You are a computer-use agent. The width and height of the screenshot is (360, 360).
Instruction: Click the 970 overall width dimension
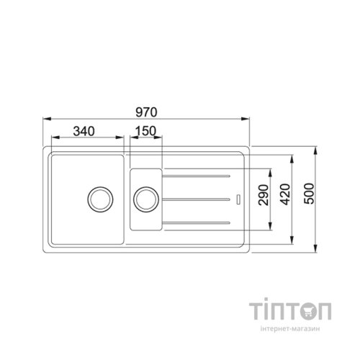coord(146,112)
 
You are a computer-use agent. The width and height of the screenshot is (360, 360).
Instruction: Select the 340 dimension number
coord(84,131)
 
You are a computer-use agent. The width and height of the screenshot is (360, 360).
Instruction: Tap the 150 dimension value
coord(145,131)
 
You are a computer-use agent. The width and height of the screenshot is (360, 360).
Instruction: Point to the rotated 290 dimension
coord(264,194)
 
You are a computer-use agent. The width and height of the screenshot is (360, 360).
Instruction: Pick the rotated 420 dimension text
coord(285,194)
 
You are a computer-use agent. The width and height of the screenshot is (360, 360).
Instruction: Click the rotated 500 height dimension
coord(309,194)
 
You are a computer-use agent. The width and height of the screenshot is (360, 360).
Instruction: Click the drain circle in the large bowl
coord(100,199)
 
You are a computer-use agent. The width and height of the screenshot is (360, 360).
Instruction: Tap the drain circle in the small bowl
coord(146,199)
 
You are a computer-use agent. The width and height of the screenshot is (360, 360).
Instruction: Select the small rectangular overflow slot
coord(238,199)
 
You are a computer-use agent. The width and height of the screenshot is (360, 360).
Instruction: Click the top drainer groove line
coord(196,176)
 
